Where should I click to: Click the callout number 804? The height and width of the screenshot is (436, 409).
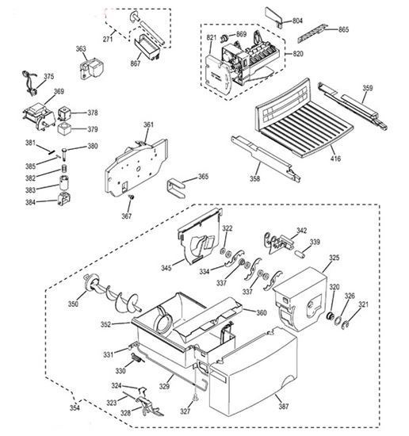pyautogui.click(x=297, y=21)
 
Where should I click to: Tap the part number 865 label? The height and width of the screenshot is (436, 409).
pyautogui.click(x=343, y=30)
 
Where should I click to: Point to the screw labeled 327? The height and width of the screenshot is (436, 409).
pyautogui.click(x=196, y=397)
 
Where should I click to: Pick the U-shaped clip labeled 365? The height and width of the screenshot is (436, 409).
pyautogui.click(x=176, y=189)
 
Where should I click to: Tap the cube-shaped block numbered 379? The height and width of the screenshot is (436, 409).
pyautogui.click(x=64, y=128)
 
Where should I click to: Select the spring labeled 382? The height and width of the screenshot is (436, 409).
pyautogui.click(x=64, y=169)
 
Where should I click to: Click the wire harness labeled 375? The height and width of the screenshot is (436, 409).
pyautogui.click(x=29, y=83)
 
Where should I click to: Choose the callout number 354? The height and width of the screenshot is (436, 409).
pyautogui.click(x=75, y=407)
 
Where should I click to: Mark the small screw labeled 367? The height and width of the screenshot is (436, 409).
pyautogui.click(x=132, y=197)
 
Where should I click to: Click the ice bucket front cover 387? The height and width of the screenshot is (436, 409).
pyautogui.click(x=253, y=373)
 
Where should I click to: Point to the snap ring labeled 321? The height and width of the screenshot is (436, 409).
pyautogui.click(x=346, y=324)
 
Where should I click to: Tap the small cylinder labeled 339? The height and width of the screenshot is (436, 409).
pyautogui.click(x=300, y=254)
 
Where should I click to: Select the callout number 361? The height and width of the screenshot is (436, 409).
pyautogui.click(x=148, y=124)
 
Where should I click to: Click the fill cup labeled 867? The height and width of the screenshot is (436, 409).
pyautogui.click(x=147, y=47)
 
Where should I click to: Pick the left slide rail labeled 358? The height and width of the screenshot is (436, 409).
pyautogui.click(x=266, y=159)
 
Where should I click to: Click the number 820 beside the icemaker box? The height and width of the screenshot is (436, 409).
pyautogui.click(x=298, y=54)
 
